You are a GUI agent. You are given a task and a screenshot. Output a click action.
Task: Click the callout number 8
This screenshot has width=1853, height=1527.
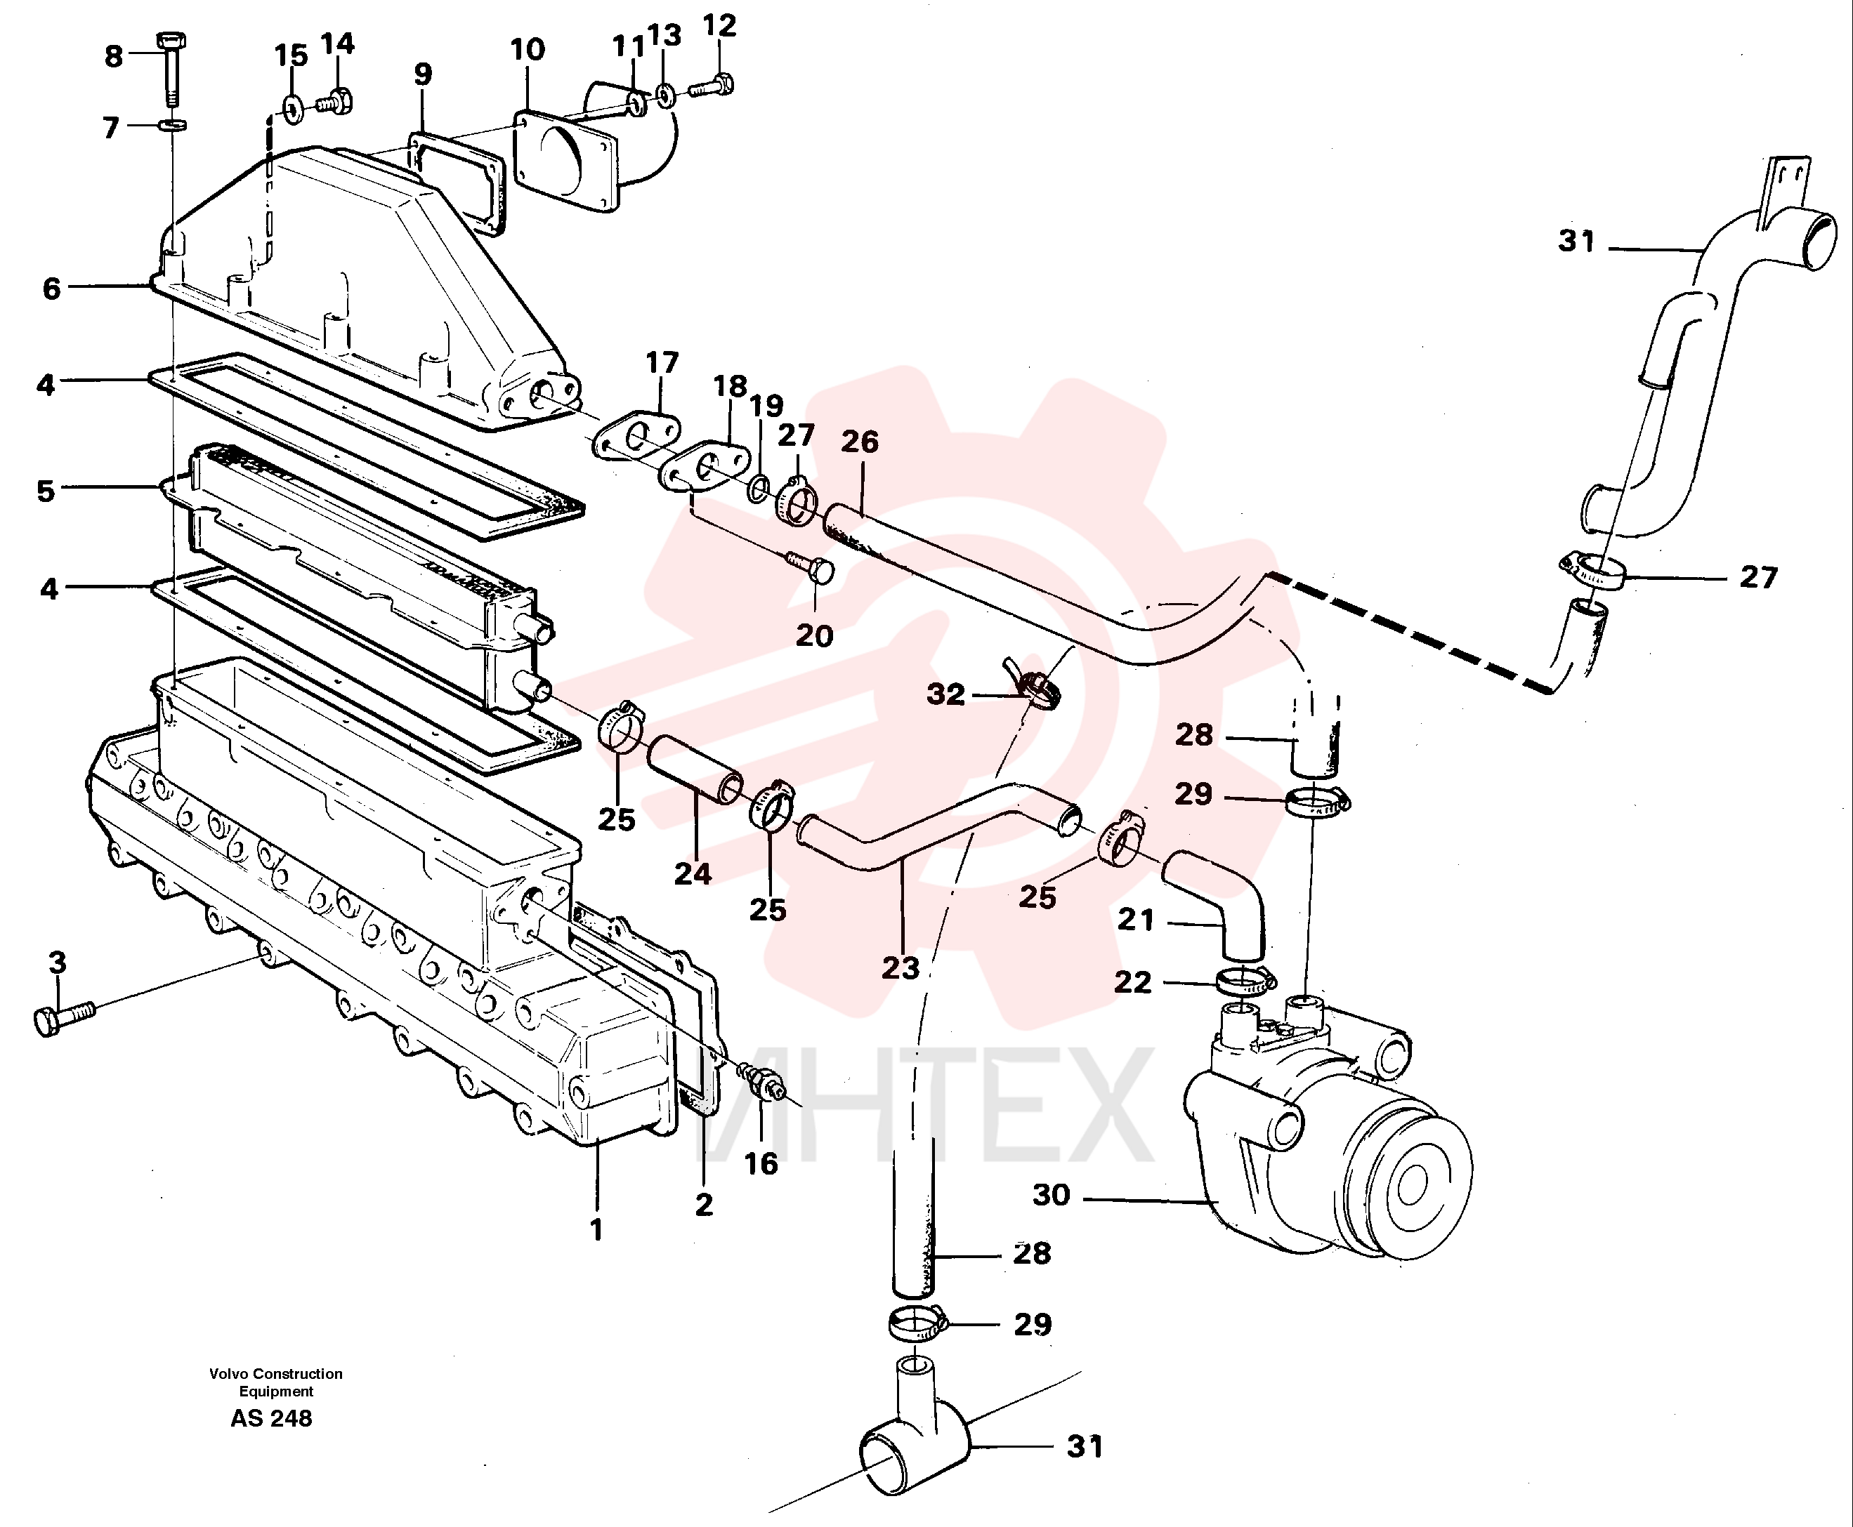[x=114, y=57]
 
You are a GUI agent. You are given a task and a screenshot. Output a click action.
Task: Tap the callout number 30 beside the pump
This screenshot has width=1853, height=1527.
[x=1051, y=1196]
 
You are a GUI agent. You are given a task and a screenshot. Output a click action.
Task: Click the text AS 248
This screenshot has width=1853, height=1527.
[x=271, y=1418]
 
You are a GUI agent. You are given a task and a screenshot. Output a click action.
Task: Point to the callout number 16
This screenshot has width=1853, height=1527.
[x=761, y=1164]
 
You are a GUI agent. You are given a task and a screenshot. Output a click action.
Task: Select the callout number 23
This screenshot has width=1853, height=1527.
[x=900, y=967]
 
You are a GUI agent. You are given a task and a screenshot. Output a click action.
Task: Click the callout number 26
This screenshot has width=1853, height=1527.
[x=859, y=442]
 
